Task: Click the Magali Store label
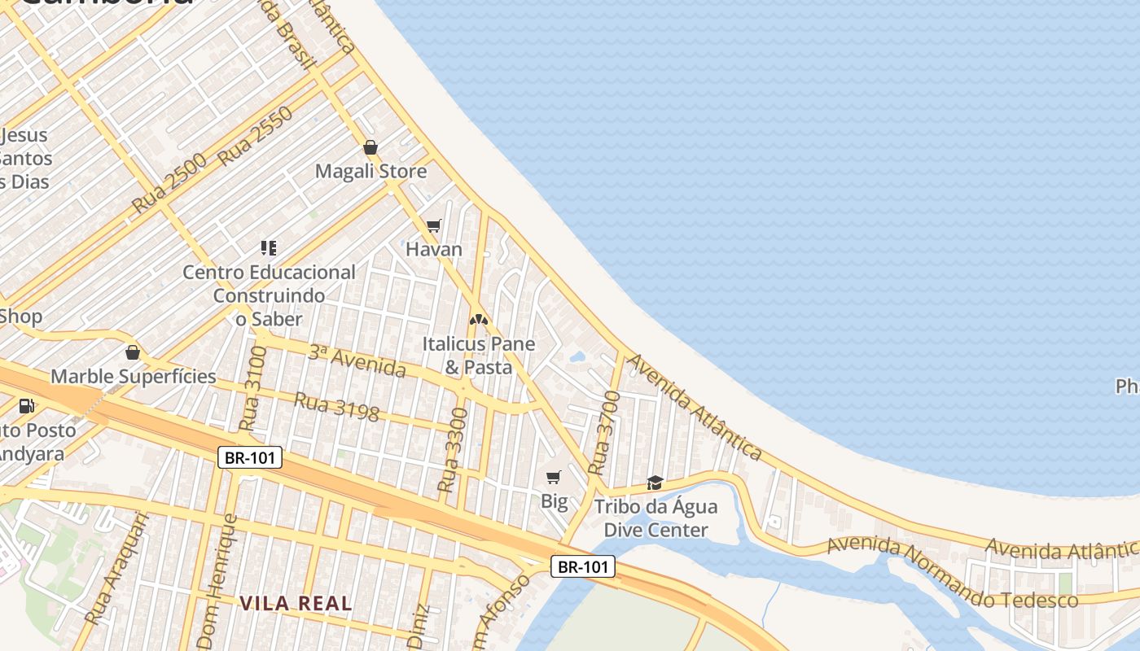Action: (370, 172)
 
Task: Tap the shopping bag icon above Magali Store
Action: (370, 147)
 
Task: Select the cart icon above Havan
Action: (434, 225)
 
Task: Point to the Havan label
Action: (434, 249)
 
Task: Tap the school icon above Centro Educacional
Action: (269, 247)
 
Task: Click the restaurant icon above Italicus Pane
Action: (479, 319)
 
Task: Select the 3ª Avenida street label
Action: (357, 362)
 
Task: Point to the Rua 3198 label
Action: (336, 407)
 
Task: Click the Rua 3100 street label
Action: (253, 388)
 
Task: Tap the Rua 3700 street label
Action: (604, 433)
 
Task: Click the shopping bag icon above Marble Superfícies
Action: (133, 353)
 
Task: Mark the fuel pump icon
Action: (26, 405)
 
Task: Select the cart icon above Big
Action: (554, 477)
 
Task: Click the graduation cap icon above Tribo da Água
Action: (655, 483)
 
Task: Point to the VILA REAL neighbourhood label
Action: (296, 604)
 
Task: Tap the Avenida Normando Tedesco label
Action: (952, 573)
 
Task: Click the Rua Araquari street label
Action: (117, 568)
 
